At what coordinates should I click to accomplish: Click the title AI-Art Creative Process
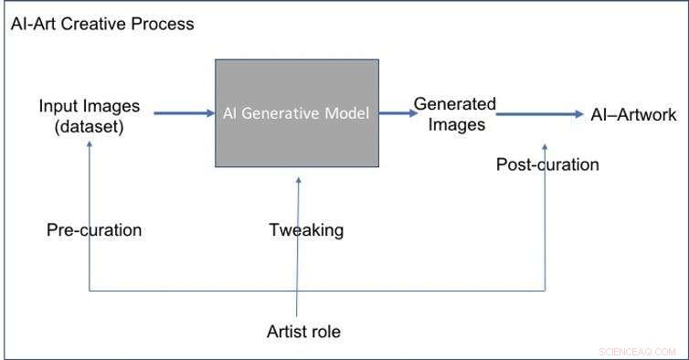[102, 25]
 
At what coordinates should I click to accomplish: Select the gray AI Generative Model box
[297, 112]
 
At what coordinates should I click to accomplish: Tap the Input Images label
[90, 106]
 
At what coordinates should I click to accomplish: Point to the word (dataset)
[89, 127]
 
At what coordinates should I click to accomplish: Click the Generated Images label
[454, 114]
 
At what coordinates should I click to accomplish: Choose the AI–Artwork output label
[633, 114]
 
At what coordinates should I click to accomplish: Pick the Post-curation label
[547, 164]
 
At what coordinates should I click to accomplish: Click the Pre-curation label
[94, 229]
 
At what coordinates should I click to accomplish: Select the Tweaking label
[306, 229]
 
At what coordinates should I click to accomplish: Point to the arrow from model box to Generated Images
[395, 113]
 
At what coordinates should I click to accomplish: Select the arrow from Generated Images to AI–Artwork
[539, 114]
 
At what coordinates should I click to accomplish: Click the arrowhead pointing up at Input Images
[90, 146]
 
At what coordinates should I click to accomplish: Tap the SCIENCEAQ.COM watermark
[637, 350]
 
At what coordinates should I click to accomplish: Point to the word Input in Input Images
[58, 106]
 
